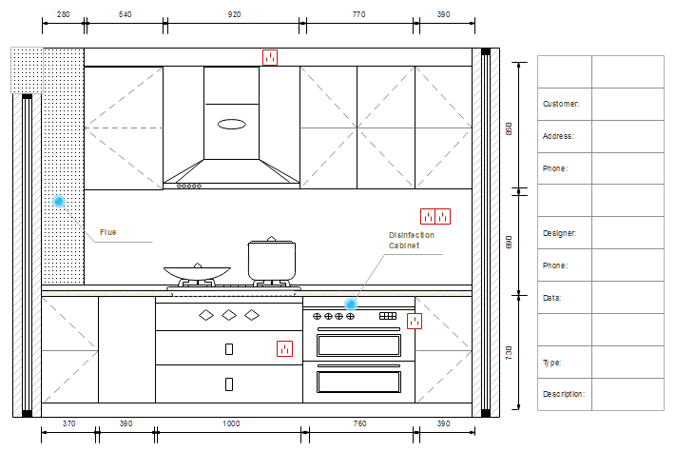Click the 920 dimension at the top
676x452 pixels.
pyautogui.click(x=234, y=14)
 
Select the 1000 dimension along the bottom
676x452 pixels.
pyautogui.click(x=231, y=423)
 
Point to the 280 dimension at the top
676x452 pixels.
pyautogui.click(x=63, y=14)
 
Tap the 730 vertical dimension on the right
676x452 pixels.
pyautogui.click(x=510, y=353)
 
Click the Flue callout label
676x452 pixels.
pyautogui.click(x=107, y=232)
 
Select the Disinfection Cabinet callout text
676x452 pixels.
pyautogui.click(x=412, y=240)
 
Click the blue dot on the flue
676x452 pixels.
pyautogui.click(x=59, y=201)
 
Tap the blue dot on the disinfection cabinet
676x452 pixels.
pyautogui.click(x=351, y=305)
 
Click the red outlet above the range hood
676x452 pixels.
pyautogui.click(x=270, y=57)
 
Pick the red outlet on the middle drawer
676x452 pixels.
pyautogui.click(x=284, y=348)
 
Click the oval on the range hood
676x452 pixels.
pyautogui.click(x=232, y=125)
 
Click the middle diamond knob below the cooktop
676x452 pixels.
pyautogui.click(x=229, y=315)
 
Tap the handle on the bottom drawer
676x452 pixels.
pyautogui.click(x=229, y=384)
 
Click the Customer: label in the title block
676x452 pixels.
pyautogui.click(x=561, y=104)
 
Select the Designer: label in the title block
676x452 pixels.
pyautogui.click(x=560, y=233)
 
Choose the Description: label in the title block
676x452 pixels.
pyautogui.click(x=564, y=394)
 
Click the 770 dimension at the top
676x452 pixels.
pyautogui.click(x=358, y=14)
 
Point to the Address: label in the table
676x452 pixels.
pyautogui.click(x=558, y=136)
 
